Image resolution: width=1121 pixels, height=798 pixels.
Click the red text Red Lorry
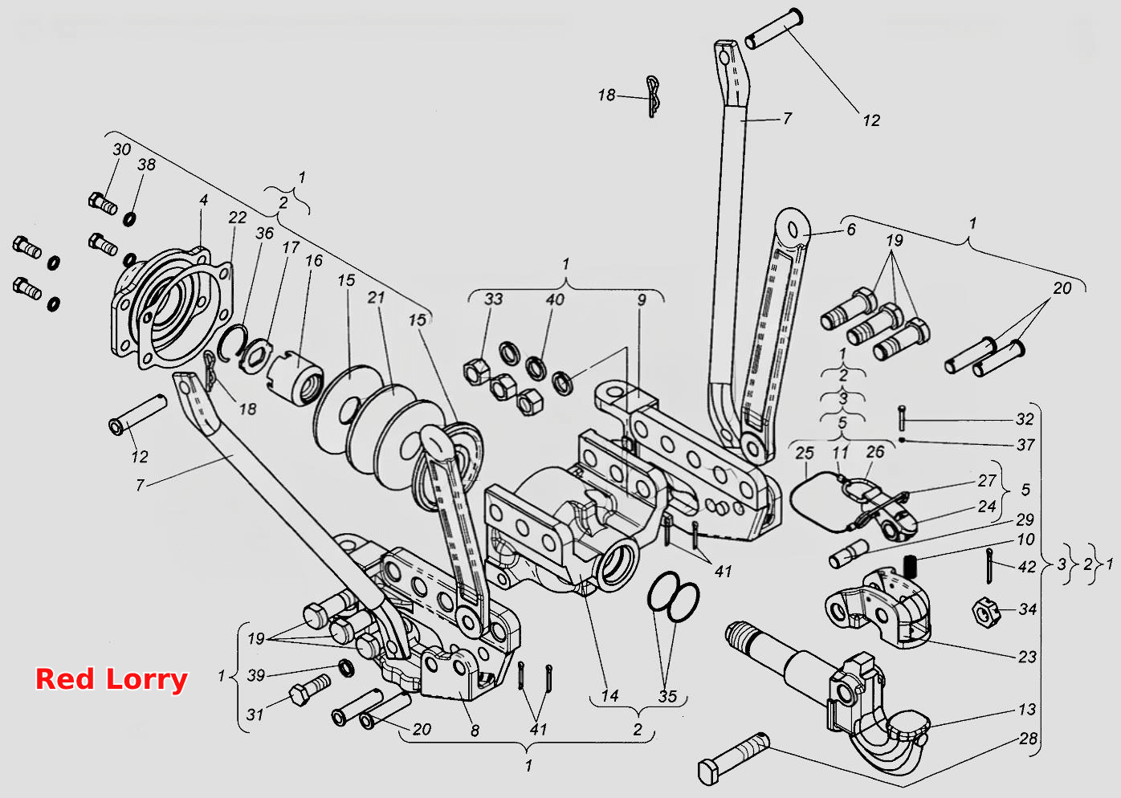111,679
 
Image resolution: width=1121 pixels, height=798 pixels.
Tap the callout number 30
121,149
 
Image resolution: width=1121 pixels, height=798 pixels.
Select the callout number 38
147,164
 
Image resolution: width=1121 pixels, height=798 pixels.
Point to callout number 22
238,217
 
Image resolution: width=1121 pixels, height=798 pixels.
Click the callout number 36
265,233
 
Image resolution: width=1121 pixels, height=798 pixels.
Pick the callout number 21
376,298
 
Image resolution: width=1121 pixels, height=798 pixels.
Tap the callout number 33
493,299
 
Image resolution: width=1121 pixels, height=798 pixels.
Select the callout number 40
555,299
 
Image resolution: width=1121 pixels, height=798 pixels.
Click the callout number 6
851,230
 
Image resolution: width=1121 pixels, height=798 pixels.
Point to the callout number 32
1025,419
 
